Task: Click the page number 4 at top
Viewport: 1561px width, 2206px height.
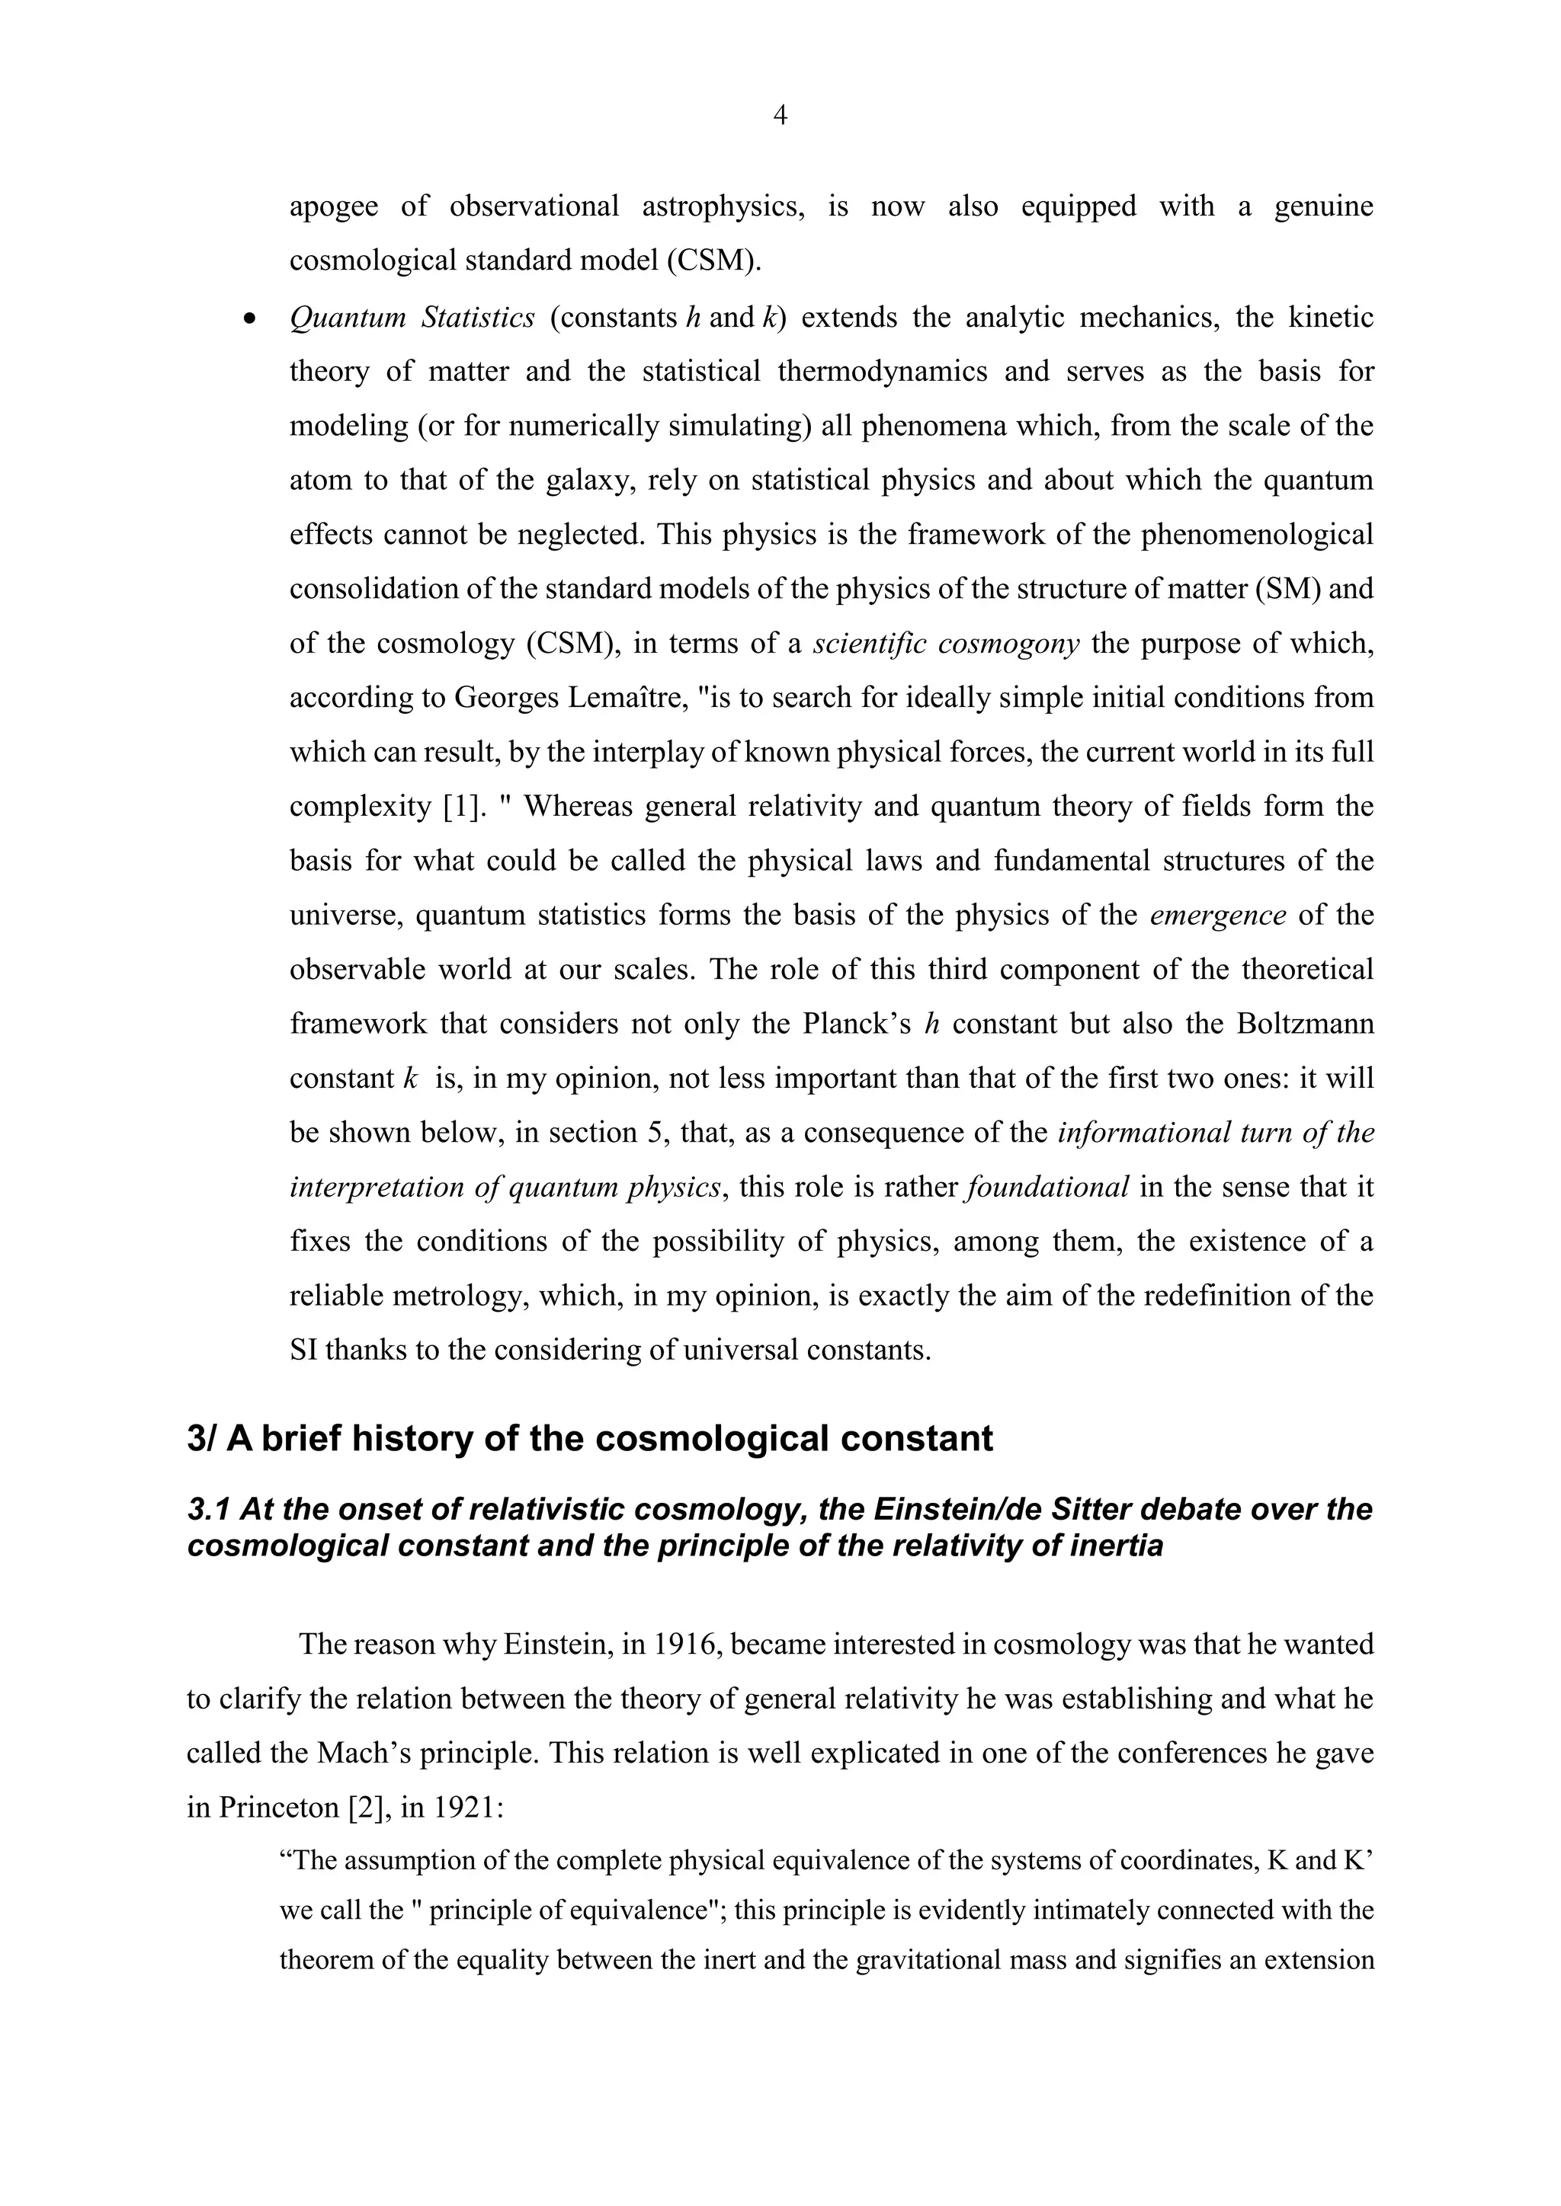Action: click(780, 117)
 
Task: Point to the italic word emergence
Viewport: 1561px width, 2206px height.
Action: click(1217, 915)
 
